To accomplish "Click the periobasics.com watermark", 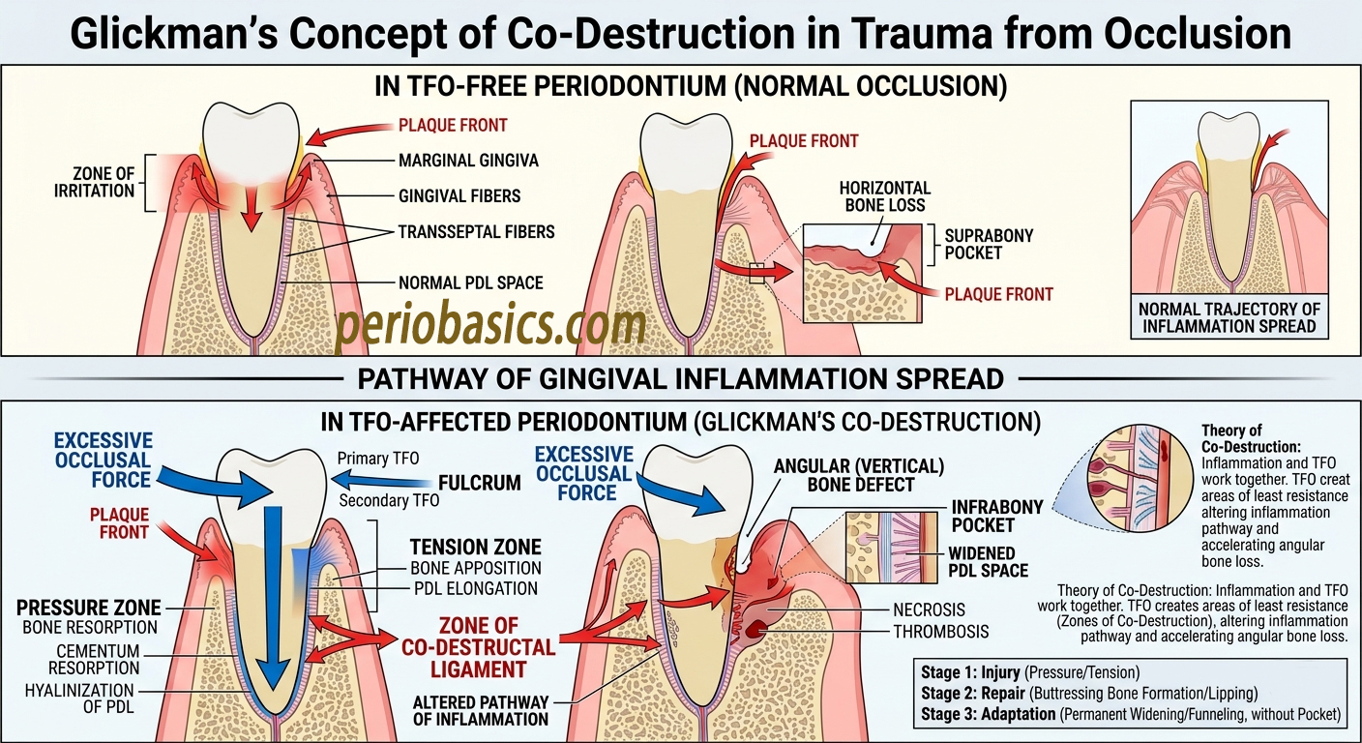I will pos(489,328).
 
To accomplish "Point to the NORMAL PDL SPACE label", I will pos(471,283).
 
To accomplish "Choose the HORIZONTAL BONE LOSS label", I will pos(884,196).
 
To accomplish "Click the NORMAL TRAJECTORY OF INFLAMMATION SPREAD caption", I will pos(1229,318).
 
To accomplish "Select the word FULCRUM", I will pos(479,482).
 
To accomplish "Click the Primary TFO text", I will pos(378,459).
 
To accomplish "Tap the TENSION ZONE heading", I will pos(475,548).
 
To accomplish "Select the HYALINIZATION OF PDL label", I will pos(80,698).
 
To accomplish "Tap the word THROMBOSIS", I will pos(940,632).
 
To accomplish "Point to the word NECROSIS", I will pos(930,610).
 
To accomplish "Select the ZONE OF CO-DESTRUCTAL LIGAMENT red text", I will pos(479,647).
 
